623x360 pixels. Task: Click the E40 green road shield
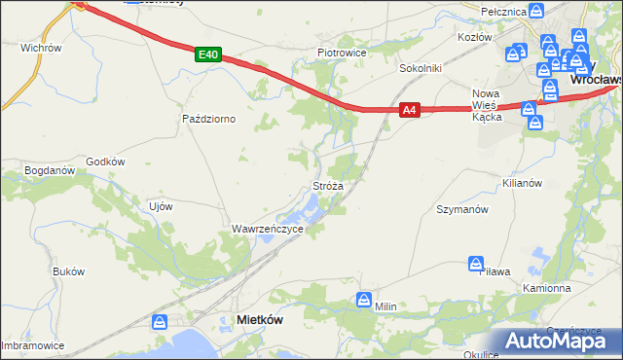(x=206, y=54)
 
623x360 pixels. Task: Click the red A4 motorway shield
(x=410, y=111)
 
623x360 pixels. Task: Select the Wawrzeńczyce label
(x=268, y=229)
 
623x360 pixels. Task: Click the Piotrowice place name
(x=341, y=52)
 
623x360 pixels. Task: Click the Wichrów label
(x=41, y=47)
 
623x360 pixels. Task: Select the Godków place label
(x=106, y=162)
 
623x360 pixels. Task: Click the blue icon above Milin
(x=364, y=300)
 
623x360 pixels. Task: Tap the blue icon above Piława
(x=476, y=264)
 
